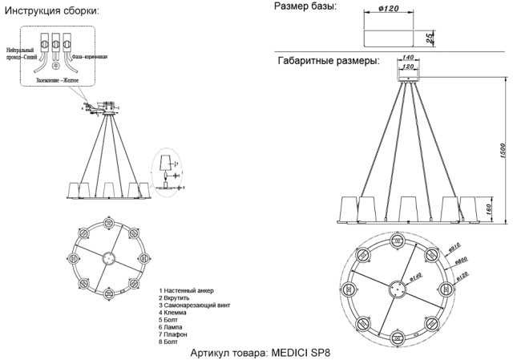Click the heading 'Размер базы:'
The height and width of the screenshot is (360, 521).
click(305, 6)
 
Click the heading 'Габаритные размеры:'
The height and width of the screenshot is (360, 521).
click(329, 61)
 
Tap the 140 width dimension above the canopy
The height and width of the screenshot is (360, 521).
click(407, 58)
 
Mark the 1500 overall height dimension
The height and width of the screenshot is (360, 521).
click(502, 150)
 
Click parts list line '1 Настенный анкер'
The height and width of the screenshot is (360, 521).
click(187, 289)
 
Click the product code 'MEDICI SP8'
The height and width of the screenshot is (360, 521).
click(301, 352)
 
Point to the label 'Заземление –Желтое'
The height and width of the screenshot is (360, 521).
click(59, 79)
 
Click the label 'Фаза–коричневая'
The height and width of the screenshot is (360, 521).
click(89, 58)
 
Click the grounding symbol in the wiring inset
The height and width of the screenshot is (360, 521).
click(56, 65)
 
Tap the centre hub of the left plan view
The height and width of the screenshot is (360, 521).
click(109, 257)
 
